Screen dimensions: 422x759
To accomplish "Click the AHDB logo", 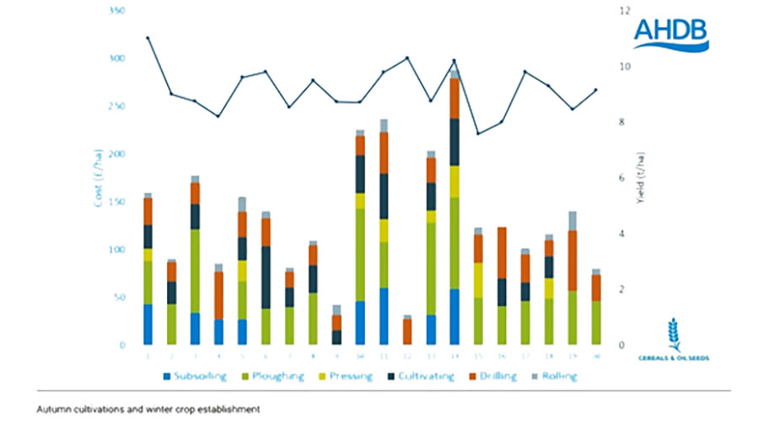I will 670,33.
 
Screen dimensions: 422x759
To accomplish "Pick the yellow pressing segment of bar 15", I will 477,279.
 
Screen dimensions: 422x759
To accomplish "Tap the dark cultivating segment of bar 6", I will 266,277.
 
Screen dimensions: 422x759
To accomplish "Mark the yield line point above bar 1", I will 148,38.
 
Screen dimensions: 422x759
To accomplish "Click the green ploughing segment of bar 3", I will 195,270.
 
